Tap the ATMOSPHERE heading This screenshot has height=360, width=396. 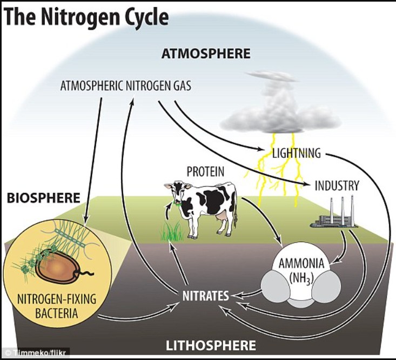pos(206,54)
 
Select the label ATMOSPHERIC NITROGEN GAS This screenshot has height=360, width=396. pos(126,85)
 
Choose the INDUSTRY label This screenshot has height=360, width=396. pos(337,186)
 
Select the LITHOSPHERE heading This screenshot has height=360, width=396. pos(211,345)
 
